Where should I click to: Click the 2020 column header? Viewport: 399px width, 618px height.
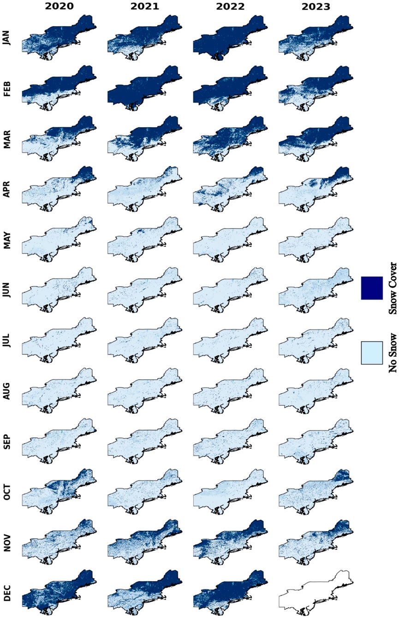tap(60, 6)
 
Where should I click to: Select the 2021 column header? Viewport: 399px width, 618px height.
tap(145, 6)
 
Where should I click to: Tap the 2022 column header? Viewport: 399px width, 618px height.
tap(230, 6)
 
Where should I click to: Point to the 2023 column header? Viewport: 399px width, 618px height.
tap(316, 6)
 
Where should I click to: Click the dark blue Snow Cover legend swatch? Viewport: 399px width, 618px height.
tap(372, 288)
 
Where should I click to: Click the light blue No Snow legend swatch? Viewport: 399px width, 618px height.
tap(372, 353)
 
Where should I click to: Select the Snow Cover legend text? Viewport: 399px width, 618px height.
tap(393, 288)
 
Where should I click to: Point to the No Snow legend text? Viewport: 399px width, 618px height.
tap(393, 353)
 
